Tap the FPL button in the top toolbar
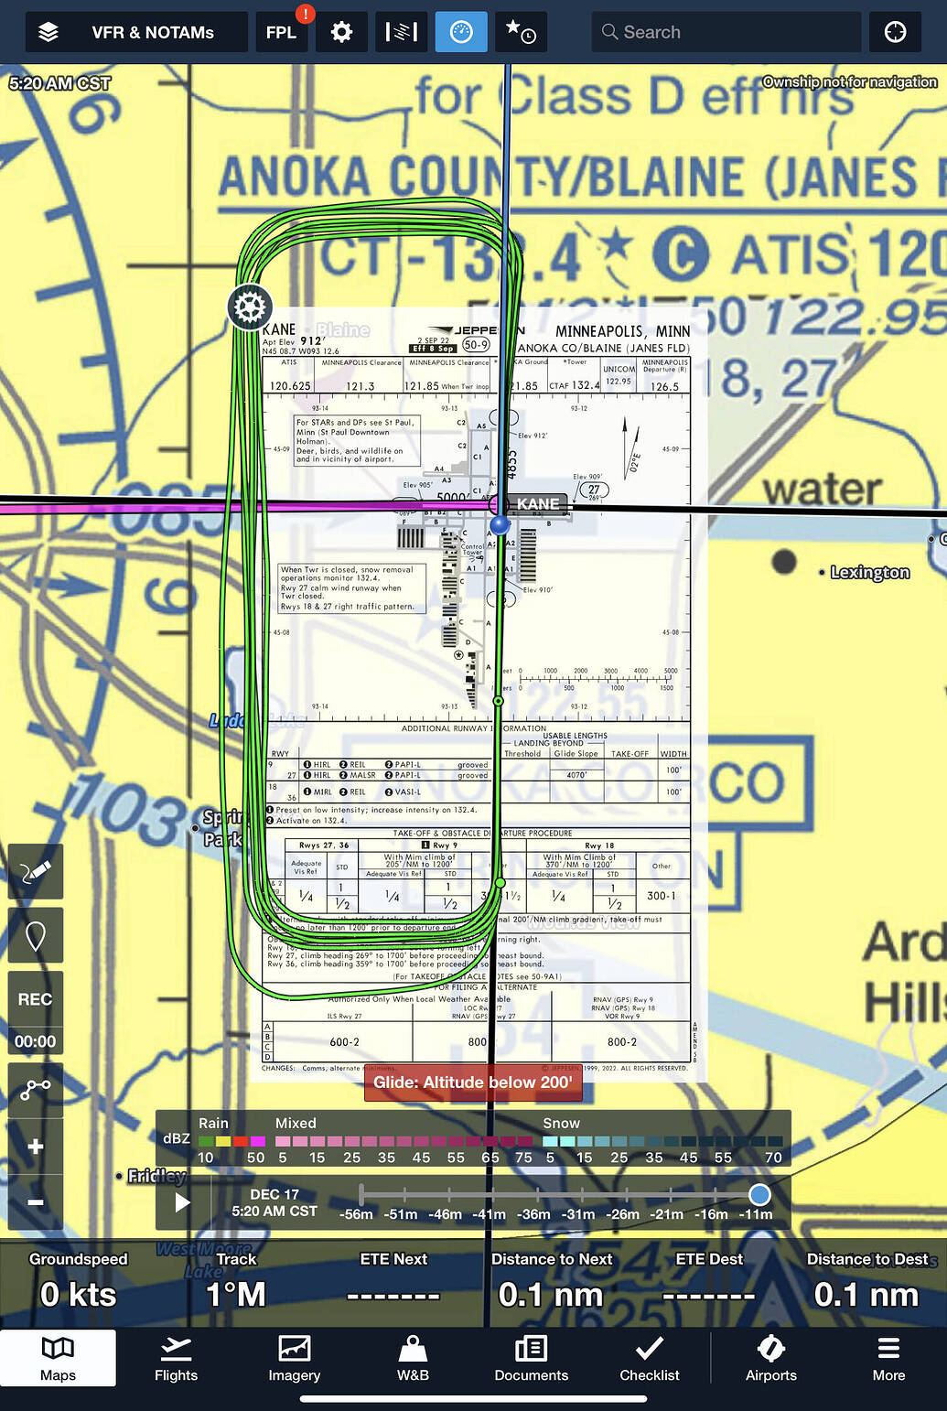point(281,32)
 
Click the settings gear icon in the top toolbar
point(341,32)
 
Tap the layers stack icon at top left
point(48,32)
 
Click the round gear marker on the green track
point(250,307)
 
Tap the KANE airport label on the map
point(538,504)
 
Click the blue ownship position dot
point(500,524)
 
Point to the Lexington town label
point(869,572)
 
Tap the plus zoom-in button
point(36,1147)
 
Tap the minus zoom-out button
point(36,1201)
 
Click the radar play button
point(183,1201)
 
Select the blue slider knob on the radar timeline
point(759,1194)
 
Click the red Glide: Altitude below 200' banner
point(472,1082)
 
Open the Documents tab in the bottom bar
point(531,1358)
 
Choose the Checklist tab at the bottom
point(649,1358)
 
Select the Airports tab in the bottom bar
point(770,1358)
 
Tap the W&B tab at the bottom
point(413,1358)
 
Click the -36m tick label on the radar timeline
point(533,1214)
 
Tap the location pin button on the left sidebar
point(36,936)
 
